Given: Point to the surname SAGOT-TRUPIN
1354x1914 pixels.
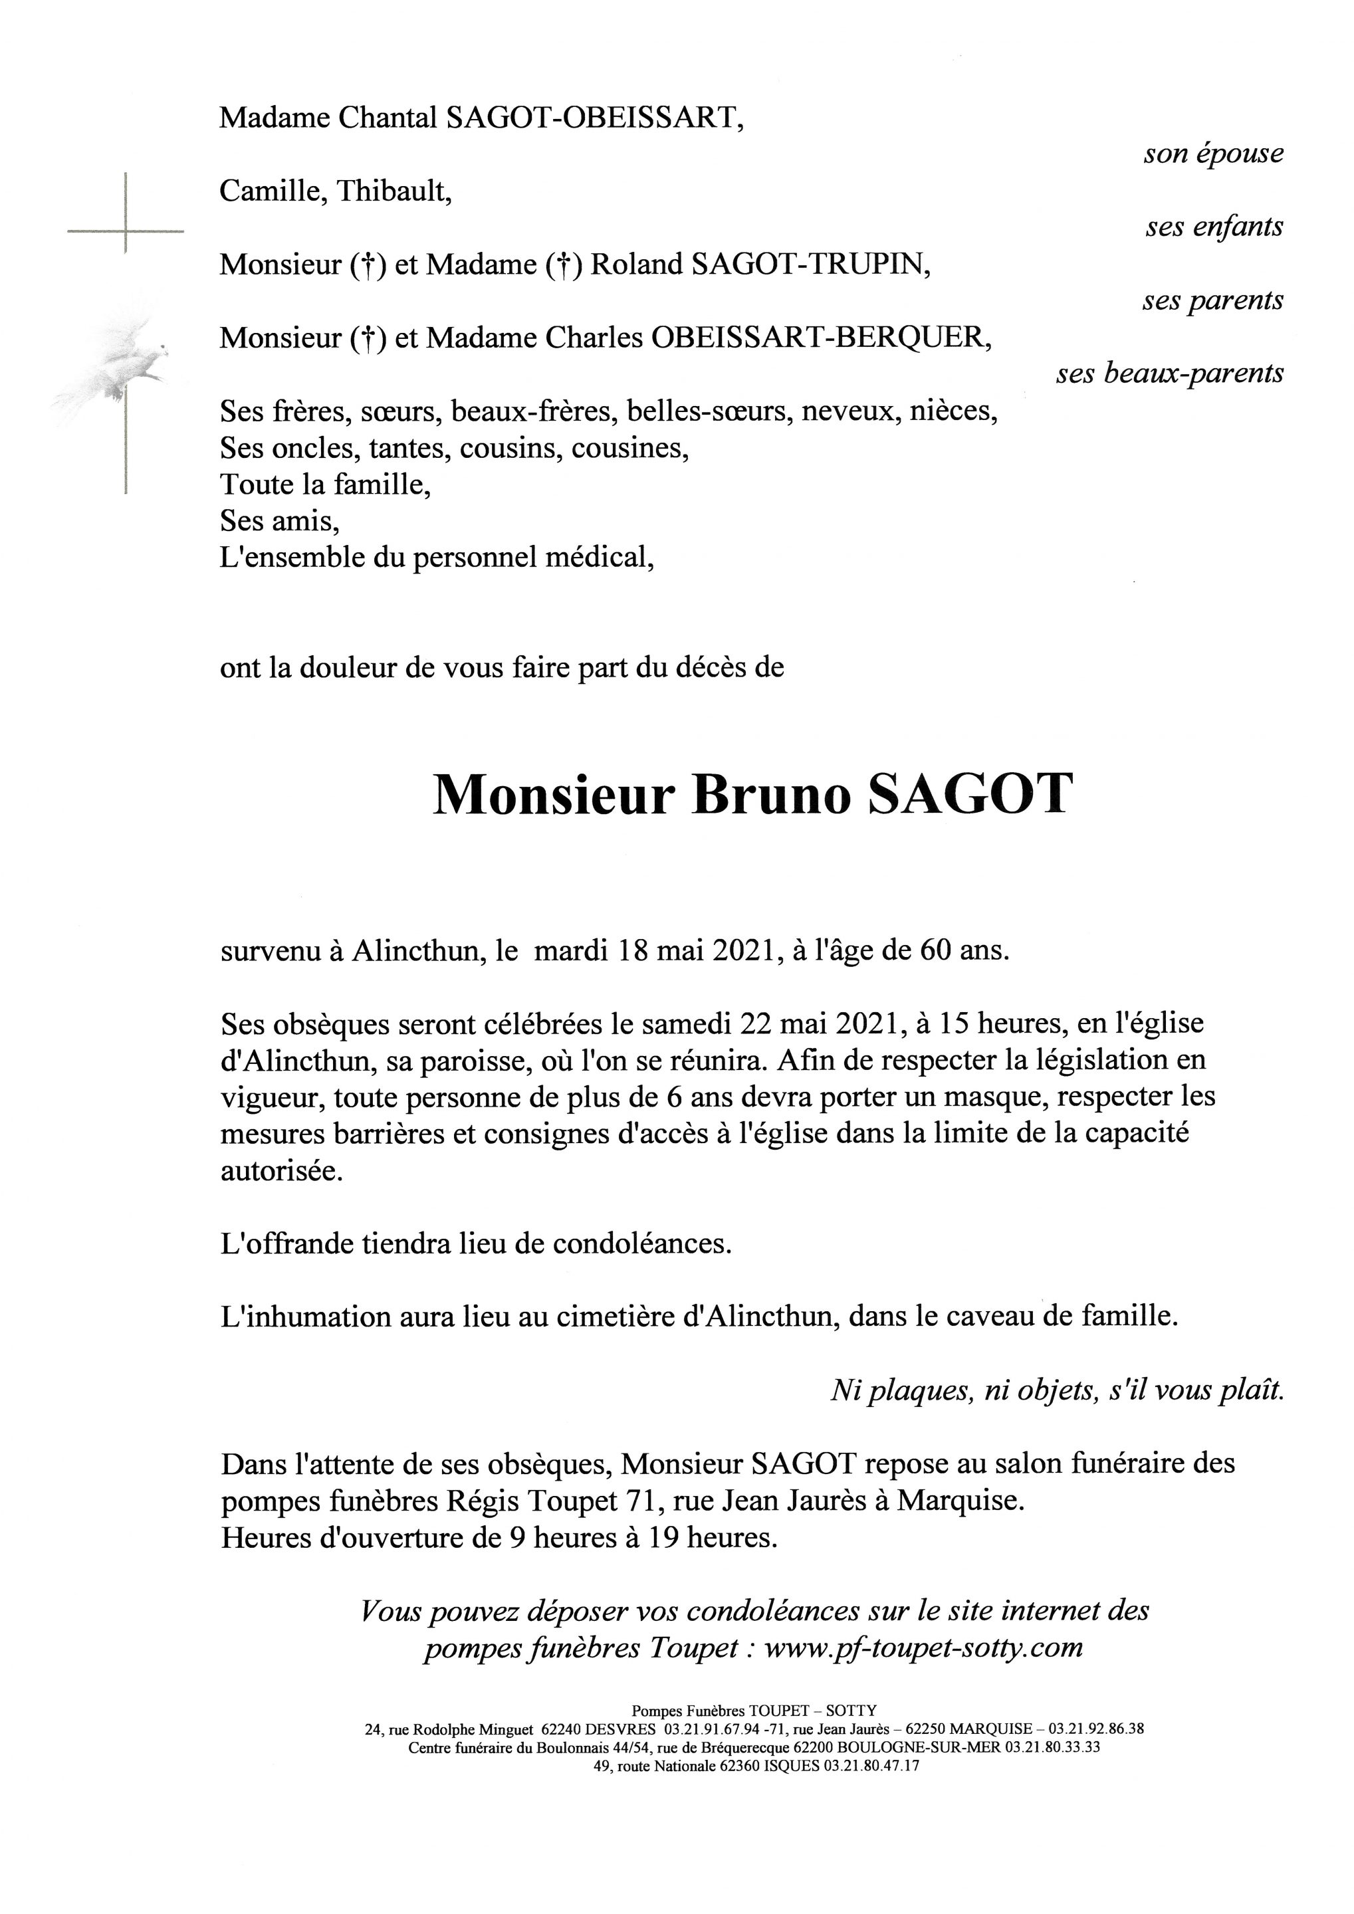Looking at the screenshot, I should point(807,265).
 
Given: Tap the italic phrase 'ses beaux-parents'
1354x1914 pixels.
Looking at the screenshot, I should point(1170,373).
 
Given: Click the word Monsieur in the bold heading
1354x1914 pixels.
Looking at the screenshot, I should point(552,796).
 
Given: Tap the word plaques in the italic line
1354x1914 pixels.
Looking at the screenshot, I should point(920,1390).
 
